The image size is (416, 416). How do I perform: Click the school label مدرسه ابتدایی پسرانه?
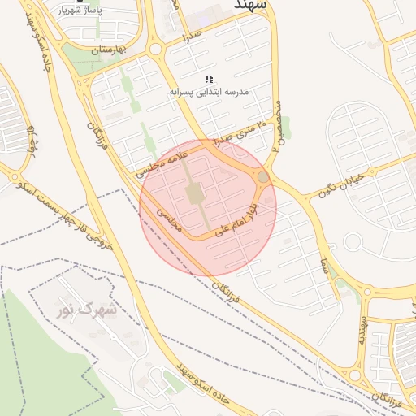pyautogui.click(x=209, y=93)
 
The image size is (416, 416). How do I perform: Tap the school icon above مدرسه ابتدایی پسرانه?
pyautogui.click(x=209, y=79)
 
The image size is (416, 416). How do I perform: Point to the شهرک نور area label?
pyautogui.click(x=87, y=310)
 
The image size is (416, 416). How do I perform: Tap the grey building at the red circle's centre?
pyautogui.click(x=195, y=194)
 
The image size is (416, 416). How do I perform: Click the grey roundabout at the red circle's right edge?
pyautogui.click(x=263, y=176)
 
